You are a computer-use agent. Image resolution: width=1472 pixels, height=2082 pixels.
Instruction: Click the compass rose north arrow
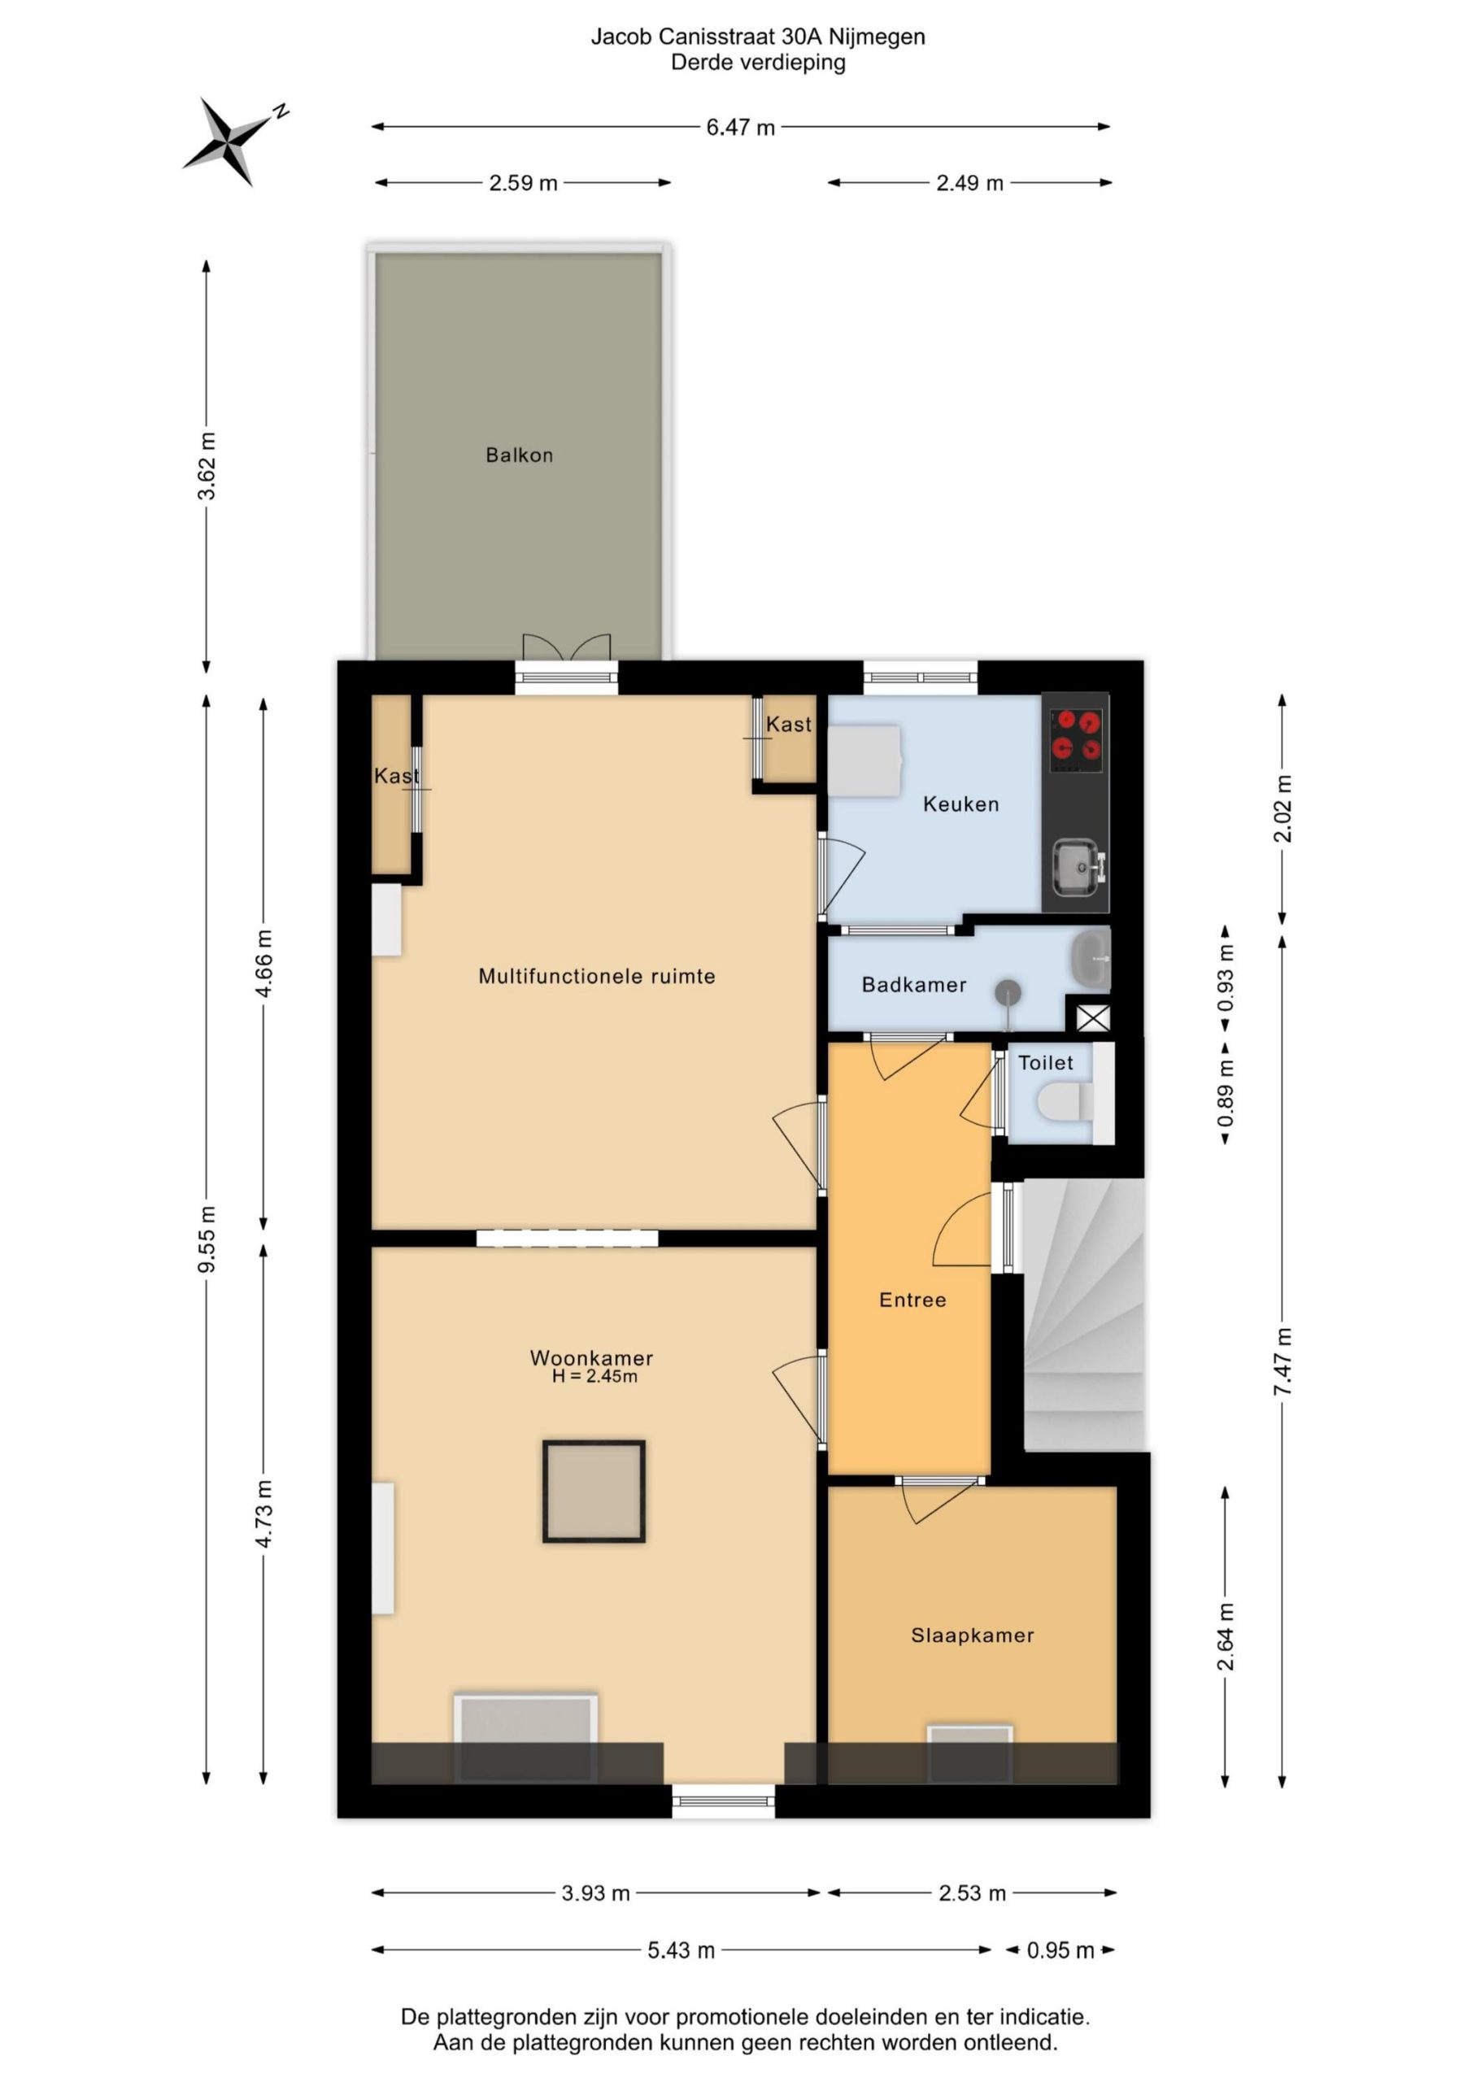click(x=235, y=141)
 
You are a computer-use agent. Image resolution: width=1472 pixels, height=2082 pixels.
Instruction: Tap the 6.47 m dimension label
click(x=740, y=128)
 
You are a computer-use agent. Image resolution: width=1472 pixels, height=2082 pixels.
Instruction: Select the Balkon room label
click(x=519, y=455)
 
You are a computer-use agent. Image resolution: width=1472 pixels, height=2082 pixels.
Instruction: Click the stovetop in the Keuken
click(x=1076, y=735)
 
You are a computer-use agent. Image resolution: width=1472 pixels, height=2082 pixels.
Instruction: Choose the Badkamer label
click(x=914, y=985)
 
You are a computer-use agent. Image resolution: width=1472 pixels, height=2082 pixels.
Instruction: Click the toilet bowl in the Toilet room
click(x=1065, y=1103)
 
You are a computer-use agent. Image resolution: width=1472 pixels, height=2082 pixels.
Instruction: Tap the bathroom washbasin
click(x=1091, y=959)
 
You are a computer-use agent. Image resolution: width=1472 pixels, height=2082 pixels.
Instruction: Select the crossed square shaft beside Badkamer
click(x=1093, y=1017)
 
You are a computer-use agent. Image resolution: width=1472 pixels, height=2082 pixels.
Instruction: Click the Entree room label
click(x=912, y=1300)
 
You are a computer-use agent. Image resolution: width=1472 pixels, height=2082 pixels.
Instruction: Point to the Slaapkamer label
click(x=973, y=1636)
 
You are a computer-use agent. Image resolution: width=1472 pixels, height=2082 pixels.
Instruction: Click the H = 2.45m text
click(x=594, y=1377)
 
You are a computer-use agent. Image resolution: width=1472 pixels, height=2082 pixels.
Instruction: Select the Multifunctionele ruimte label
click(x=597, y=977)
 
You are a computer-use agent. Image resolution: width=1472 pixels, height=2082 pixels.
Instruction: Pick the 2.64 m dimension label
click(x=1226, y=1638)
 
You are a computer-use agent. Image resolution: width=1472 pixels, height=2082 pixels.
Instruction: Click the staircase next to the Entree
click(x=1085, y=1315)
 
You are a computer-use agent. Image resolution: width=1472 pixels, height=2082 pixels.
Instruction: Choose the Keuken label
click(x=960, y=804)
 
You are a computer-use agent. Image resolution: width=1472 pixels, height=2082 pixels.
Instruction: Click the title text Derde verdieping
click(x=758, y=63)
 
